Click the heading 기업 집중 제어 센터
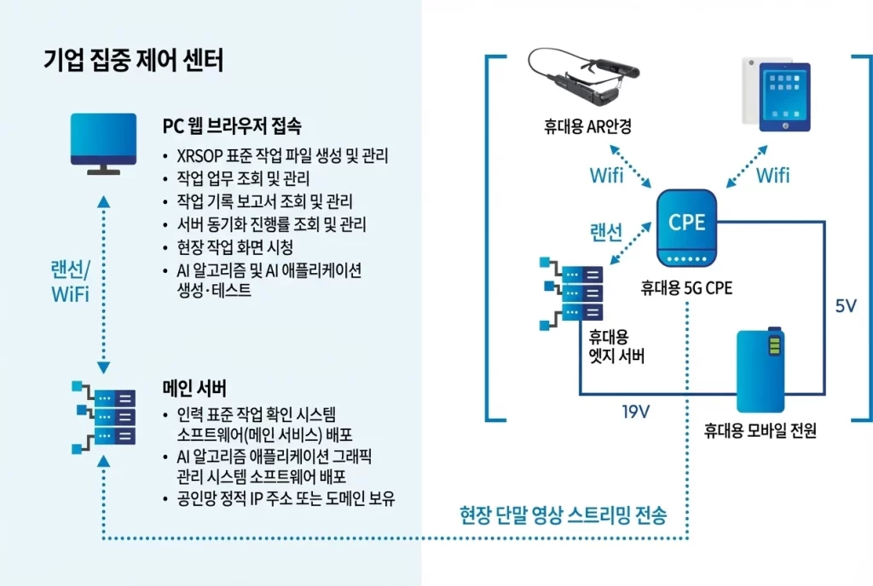(x=133, y=61)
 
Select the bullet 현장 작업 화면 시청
(x=234, y=248)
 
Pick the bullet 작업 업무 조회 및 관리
(x=242, y=179)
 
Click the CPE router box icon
(x=687, y=229)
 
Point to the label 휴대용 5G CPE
(x=686, y=288)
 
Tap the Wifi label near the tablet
(x=772, y=176)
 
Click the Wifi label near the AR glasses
(x=606, y=176)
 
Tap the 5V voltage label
(x=845, y=306)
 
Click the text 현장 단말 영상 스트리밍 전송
(x=563, y=515)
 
